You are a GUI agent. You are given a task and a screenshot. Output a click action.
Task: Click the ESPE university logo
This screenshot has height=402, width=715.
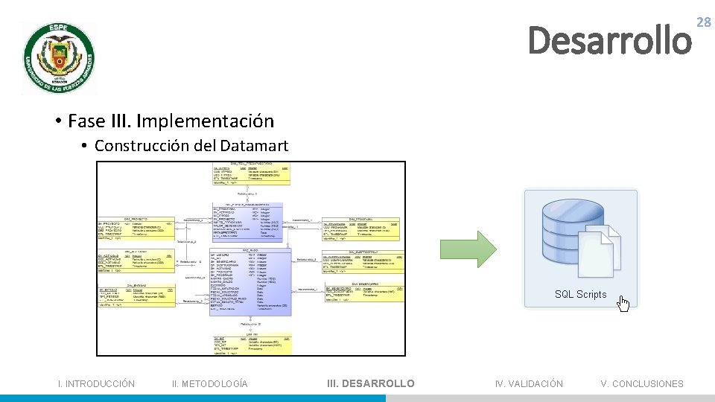58,58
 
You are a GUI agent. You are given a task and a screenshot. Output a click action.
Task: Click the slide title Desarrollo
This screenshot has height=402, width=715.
609,40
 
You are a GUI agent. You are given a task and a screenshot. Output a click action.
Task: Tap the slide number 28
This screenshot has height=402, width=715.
703,23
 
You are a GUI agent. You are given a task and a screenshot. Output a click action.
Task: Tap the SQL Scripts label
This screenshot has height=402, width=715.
580,295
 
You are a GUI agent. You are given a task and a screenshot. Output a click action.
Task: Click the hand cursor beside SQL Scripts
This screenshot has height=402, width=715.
623,304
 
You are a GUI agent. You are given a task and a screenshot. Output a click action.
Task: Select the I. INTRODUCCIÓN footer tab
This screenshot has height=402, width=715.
97,383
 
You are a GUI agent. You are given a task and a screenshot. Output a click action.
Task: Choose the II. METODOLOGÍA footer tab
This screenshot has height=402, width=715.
209,383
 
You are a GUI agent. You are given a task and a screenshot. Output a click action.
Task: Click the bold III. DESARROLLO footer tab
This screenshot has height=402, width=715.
371,383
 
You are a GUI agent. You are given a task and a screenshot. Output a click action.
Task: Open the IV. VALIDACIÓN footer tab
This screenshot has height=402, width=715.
529,383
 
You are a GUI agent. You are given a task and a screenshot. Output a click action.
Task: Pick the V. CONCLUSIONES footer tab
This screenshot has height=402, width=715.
641,383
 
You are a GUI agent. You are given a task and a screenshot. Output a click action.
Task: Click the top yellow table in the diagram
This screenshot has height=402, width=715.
250,173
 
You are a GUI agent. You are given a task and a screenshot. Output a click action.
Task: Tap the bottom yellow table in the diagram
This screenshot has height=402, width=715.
250,343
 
